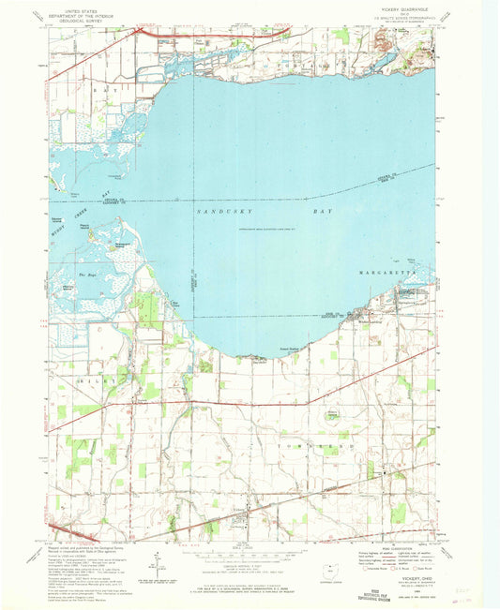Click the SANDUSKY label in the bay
(x=196, y=214)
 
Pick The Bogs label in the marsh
(x=91, y=274)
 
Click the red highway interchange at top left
(x=141, y=34)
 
